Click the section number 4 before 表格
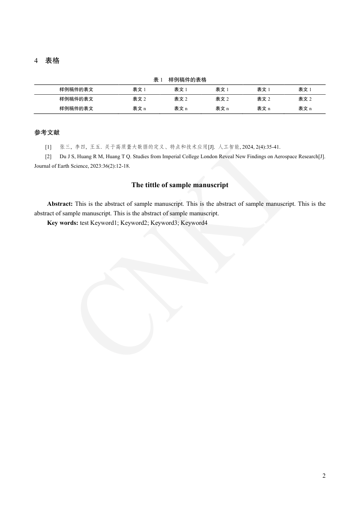[x=36, y=61]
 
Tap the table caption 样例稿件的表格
[x=187, y=80]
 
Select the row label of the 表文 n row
[x=76, y=109]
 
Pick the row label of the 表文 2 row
[x=76, y=99]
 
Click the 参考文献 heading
[x=47, y=132]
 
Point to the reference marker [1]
[x=48, y=147]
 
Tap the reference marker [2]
[x=48, y=156]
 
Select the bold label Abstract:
[x=60, y=204]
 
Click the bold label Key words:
[x=63, y=223]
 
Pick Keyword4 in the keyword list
[x=194, y=223]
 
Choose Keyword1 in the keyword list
[x=104, y=223]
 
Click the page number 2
[x=324, y=475]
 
